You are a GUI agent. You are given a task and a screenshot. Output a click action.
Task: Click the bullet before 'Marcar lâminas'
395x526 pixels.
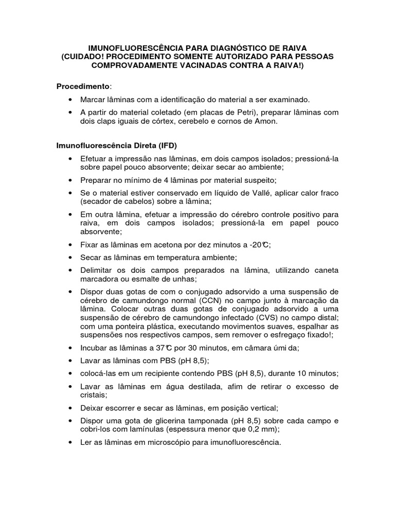coord(70,100)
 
